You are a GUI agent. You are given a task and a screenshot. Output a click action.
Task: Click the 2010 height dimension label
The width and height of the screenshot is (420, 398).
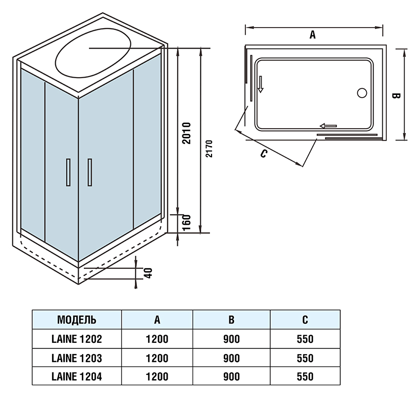coord(187,133)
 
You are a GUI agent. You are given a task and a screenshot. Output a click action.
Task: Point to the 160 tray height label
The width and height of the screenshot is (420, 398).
coord(187,223)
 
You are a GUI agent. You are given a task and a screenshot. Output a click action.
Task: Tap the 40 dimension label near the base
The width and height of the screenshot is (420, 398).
coord(149,273)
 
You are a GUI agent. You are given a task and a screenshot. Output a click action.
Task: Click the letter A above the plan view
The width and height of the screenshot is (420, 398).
coord(313,35)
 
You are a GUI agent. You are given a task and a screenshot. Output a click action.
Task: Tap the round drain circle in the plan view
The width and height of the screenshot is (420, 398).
coord(362,93)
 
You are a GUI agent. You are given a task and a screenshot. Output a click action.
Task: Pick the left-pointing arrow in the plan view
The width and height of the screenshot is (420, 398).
coord(328,126)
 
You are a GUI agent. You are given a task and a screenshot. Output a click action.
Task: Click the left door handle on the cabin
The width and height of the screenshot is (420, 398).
coord(67,173)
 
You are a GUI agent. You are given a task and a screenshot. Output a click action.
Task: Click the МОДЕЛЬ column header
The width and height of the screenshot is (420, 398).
coord(77,320)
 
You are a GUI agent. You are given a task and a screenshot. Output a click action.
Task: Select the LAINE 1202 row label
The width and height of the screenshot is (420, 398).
coord(77,339)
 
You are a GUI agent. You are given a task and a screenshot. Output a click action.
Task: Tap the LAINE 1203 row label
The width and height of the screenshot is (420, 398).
coord(77,358)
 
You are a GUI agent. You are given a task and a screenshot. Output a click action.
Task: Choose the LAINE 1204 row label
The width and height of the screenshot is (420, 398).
coord(77,377)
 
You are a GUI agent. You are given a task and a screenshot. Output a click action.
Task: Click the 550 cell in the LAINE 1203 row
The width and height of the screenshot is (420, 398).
coord(305,358)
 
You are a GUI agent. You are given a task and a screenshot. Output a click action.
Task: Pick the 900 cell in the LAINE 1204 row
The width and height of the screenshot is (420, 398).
coord(231,377)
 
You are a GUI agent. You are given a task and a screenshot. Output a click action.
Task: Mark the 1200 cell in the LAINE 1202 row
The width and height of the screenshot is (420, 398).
coord(157,339)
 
